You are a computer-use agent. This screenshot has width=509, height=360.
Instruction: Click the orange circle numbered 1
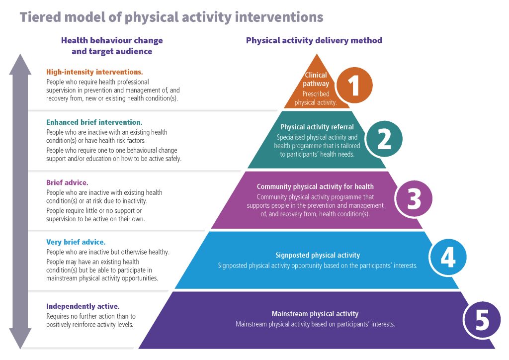click(x=354, y=85)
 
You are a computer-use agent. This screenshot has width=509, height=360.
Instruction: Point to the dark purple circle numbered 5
click(x=482, y=320)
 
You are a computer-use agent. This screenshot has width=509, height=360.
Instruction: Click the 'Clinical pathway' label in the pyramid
click(x=316, y=80)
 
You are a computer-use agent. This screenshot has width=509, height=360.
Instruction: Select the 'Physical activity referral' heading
click(x=317, y=127)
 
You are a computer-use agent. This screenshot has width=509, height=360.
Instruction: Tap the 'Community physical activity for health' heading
click(x=315, y=187)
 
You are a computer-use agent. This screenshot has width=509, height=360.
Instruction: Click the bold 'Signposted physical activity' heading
click(x=318, y=256)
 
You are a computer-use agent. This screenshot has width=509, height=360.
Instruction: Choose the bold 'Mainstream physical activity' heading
click(x=315, y=314)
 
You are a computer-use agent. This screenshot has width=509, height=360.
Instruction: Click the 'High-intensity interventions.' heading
click(x=94, y=72)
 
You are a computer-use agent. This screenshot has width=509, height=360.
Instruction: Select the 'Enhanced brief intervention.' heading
click(x=94, y=122)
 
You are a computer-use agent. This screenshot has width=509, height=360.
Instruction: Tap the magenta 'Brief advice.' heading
click(x=67, y=182)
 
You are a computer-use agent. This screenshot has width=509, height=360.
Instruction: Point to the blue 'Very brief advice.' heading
click(x=76, y=242)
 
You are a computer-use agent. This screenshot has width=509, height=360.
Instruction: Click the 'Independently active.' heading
click(x=83, y=306)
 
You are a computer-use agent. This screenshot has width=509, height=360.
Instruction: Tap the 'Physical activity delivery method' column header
click(x=314, y=40)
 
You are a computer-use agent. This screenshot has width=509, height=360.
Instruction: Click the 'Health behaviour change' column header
click(x=112, y=40)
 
